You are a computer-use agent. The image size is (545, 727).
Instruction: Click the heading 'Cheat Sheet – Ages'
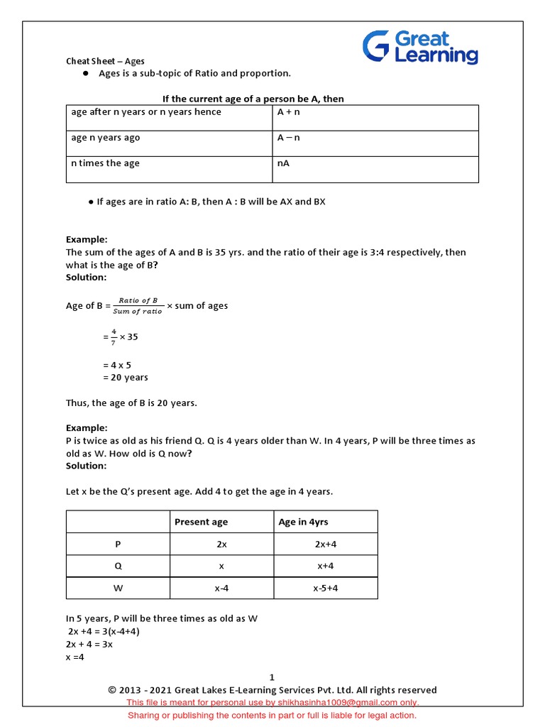click(x=105, y=62)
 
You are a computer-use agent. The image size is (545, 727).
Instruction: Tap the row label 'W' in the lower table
click(x=118, y=588)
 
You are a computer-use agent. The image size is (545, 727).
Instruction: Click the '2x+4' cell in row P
click(x=325, y=544)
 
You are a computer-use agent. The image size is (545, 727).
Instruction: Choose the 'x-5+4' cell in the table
click(x=325, y=588)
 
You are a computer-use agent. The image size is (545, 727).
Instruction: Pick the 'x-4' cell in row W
click(x=221, y=588)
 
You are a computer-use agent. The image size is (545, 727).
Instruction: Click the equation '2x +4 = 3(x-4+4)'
click(x=108, y=631)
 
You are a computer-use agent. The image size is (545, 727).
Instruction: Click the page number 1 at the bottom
click(x=272, y=677)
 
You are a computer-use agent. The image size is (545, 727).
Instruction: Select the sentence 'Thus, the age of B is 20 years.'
click(x=131, y=403)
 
